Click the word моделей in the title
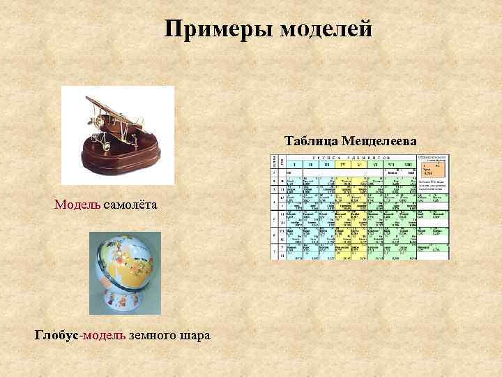(x=325, y=29)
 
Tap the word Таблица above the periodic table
(x=312, y=141)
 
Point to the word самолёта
(x=132, y=205)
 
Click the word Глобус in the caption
(x=58, y=335)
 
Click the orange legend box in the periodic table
(x=432, y=172)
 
